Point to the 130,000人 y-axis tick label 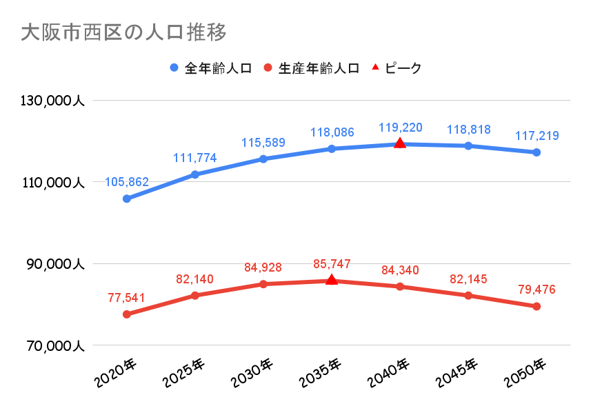(x=52, y=101)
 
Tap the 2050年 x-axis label (x=525, y=373)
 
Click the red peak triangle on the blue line (x=400, y=143)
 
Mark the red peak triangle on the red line (x=332, y=280)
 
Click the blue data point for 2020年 (x=127, y=199)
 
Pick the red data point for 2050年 (x=537, y=306)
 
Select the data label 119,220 (x=400, y=128)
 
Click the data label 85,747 (x=332, y=263)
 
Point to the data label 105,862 (x=127, y=183)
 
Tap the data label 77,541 (x=127, y=298)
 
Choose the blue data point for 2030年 (x=263, y=159)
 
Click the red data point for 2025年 (x=195, y=296)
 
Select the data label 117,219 (x=537, y=136)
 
